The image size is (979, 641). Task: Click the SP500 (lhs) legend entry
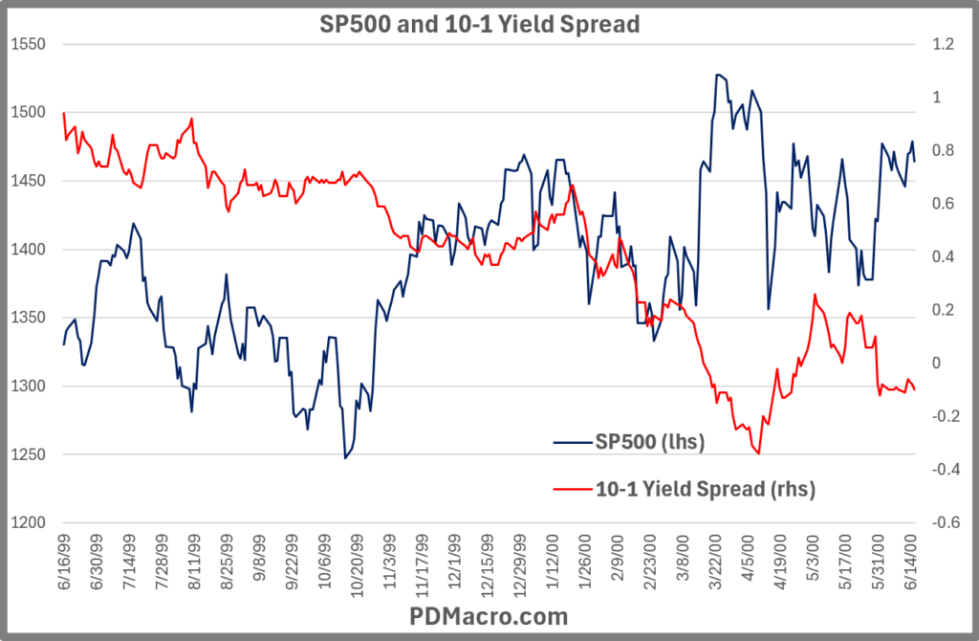650,441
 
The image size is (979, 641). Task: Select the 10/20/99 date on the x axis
358,564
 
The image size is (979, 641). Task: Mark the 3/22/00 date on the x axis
718,564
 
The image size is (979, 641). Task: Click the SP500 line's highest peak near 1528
718,75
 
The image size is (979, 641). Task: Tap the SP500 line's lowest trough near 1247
346,458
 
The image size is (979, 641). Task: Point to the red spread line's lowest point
757,453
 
